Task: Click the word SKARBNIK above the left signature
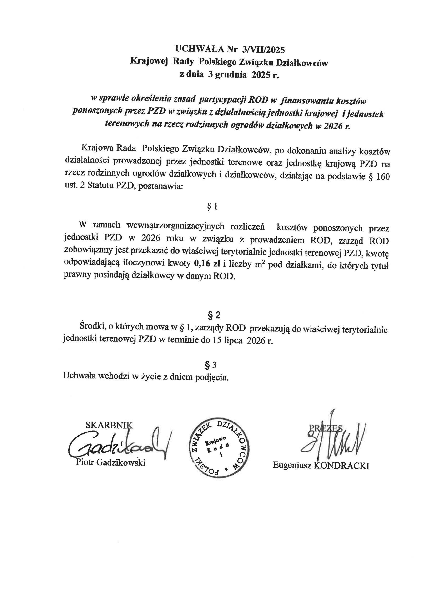click(x=109, y=425)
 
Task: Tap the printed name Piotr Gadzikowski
click(x=110, y=463)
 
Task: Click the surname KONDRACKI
click(x=341, y=466)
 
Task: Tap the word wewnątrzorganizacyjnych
click(x=175, y=226)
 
